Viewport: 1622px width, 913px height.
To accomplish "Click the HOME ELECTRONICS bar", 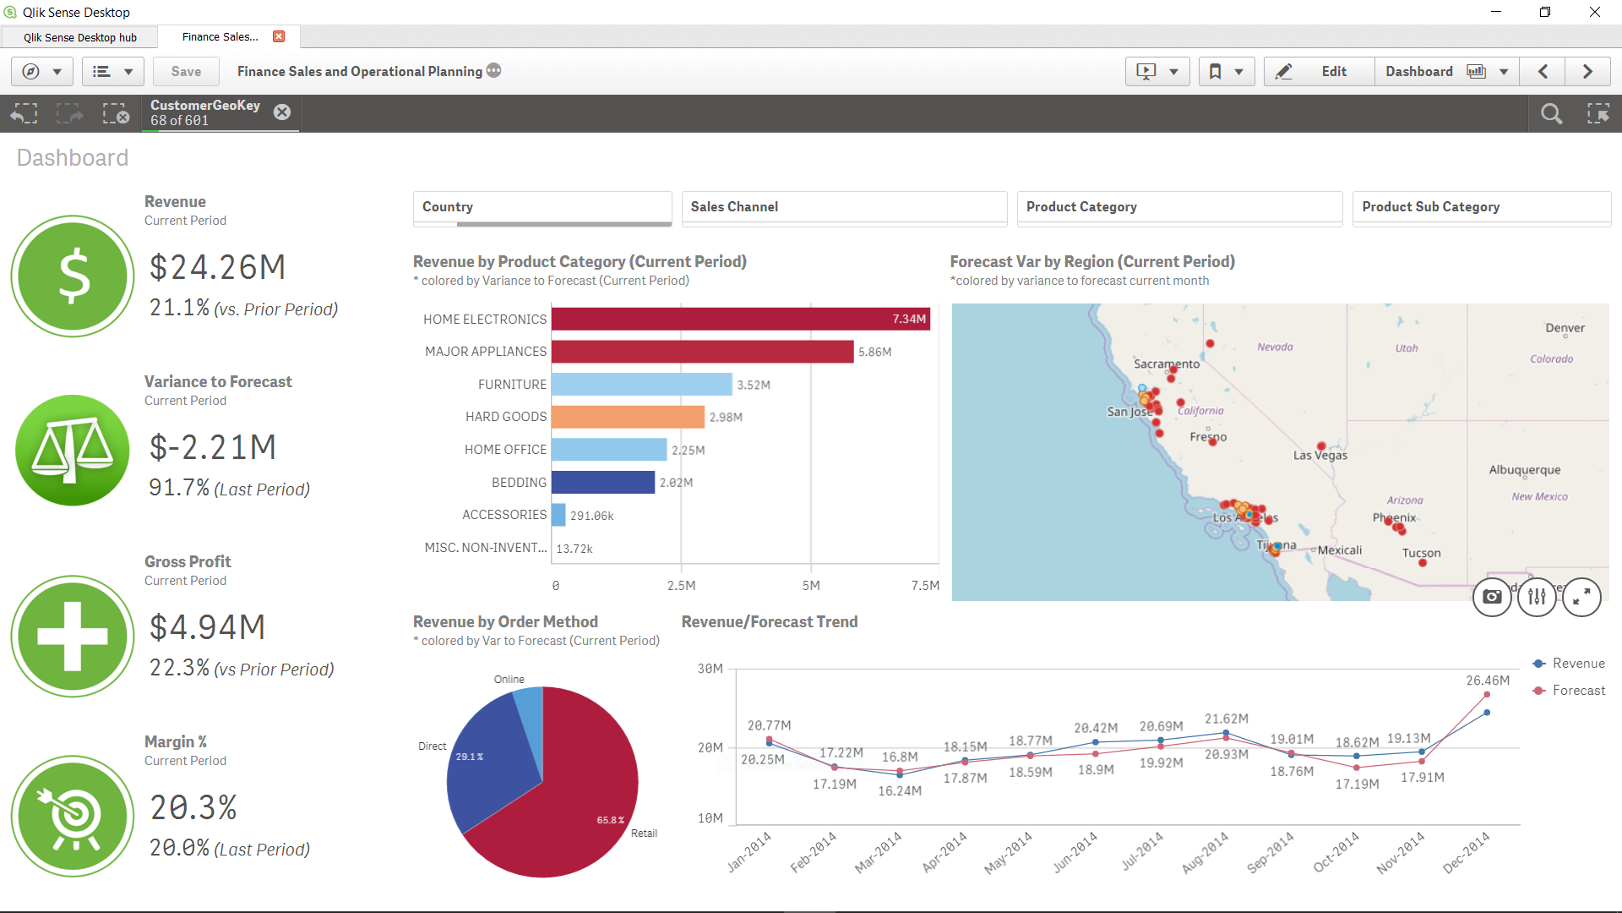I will point(739,319).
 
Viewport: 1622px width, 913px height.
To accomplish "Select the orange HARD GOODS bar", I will point(627,417).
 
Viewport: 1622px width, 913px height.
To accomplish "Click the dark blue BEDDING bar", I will point(602,482).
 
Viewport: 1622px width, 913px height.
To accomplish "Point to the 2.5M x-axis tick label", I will point(681,585).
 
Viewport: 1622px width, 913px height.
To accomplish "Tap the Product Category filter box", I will point(1178,207).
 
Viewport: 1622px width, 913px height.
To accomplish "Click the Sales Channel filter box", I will point(843,207).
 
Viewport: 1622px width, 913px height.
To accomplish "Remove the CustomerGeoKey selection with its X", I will point(282,112).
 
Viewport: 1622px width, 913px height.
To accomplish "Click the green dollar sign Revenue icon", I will point(73,276).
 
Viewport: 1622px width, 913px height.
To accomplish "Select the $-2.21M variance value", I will point(213,447).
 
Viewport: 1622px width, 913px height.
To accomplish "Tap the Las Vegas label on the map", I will point(1320,456).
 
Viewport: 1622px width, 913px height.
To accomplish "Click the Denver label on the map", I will point(1565,328).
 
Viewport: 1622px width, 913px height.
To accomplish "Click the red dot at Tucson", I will point(1423,563).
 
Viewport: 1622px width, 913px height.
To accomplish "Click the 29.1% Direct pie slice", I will point(486,761).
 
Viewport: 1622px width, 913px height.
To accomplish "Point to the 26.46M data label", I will point(1487,681).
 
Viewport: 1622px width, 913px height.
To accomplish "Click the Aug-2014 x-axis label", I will point(1206,851).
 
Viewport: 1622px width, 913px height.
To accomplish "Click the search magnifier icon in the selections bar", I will point(1551,113).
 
